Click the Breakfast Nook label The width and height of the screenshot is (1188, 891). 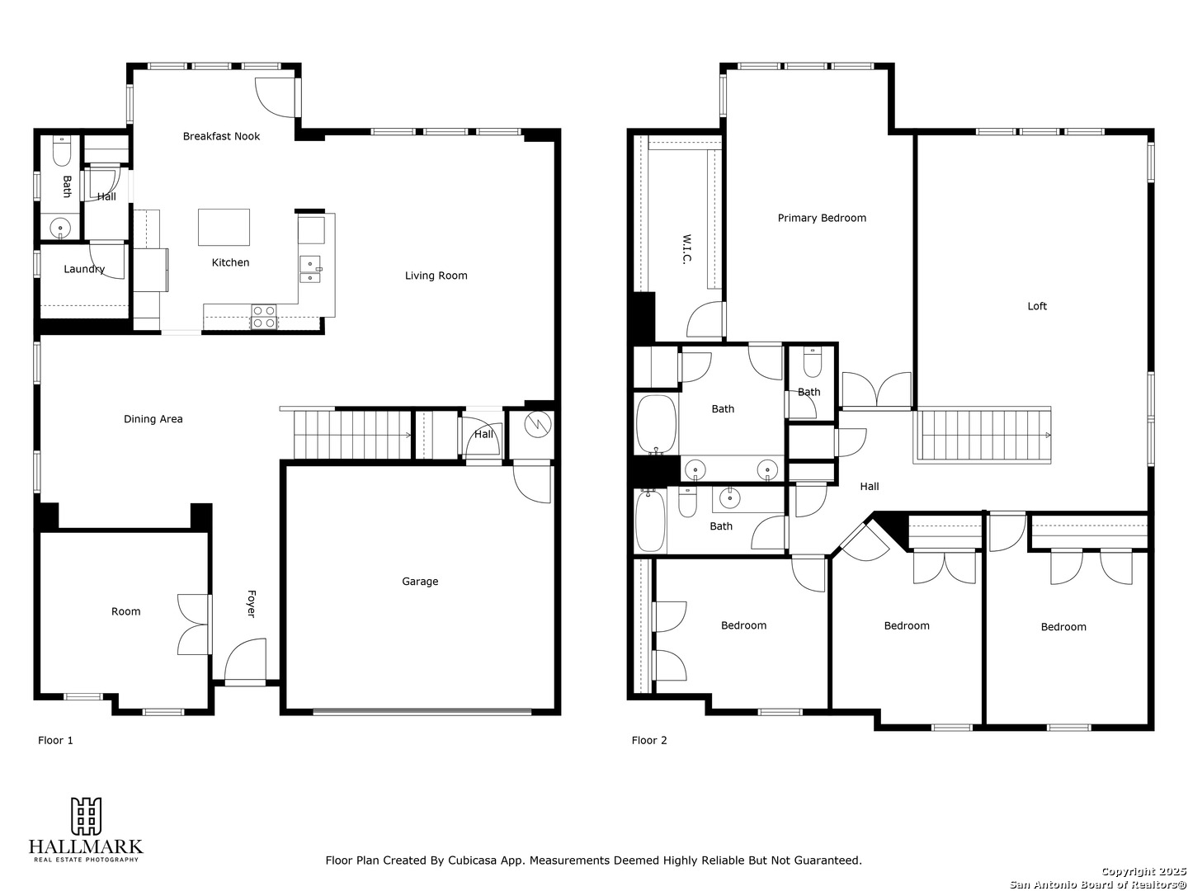[221, 136]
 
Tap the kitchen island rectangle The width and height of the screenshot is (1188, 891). [224, 227]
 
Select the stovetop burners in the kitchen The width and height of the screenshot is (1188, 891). [263, 317]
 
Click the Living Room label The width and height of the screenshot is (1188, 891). [436, 276]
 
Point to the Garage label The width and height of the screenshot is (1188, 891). [420, 582]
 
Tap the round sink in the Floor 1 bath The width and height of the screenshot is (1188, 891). [60, 228]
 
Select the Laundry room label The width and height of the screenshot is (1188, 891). [84, 269]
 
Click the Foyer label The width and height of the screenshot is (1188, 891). [251, 604]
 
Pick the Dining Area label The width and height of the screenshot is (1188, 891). [153, 419]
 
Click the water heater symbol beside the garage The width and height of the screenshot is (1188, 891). [538, 425]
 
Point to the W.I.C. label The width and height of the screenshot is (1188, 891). [687, 249]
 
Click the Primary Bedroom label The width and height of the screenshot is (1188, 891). [822, 218]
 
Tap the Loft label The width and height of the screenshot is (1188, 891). [1037, 306]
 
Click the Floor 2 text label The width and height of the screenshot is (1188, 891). [649, 740]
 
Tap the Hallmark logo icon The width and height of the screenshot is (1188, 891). [86, 816]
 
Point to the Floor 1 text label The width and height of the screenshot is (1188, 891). [55, 740]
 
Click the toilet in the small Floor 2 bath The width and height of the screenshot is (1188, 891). [812, 362]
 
